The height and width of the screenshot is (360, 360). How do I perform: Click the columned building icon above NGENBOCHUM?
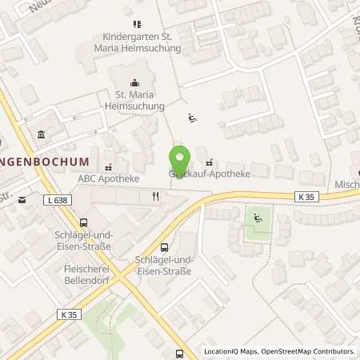click(x=41, y=134)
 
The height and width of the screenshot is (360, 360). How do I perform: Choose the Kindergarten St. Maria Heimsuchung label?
click(x=142, y=42)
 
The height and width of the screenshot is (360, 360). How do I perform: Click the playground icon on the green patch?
click(x=257, y=218)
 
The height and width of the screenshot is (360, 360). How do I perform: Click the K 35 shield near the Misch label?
click(x=305, y=196)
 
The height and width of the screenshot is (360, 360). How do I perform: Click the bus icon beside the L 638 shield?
click(x=82, y=223)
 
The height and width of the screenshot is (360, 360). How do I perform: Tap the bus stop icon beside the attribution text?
click(x=180, y=352)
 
